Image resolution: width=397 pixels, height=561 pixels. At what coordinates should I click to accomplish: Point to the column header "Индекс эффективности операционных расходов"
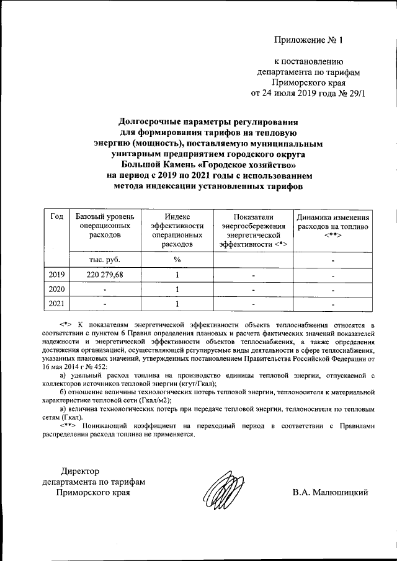[x=177, y=231]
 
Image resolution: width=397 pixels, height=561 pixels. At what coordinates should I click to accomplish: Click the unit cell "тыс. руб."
[x=104, y=259]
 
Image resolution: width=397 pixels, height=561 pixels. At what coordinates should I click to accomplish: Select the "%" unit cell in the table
[x=177, y=259]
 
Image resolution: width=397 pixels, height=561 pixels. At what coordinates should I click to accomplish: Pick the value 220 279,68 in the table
[x=104, y=274]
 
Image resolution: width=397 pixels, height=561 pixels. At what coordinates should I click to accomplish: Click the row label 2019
[x=56, y=274]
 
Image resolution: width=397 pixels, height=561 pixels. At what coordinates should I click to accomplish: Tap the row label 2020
[x=56, y=289]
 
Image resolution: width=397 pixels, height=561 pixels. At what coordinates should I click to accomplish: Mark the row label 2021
[x=56, y=304]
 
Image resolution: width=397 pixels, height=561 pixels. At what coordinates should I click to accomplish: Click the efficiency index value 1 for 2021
[x=177, y=304]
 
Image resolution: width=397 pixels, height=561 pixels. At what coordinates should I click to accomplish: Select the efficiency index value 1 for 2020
[x=177, y=289]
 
